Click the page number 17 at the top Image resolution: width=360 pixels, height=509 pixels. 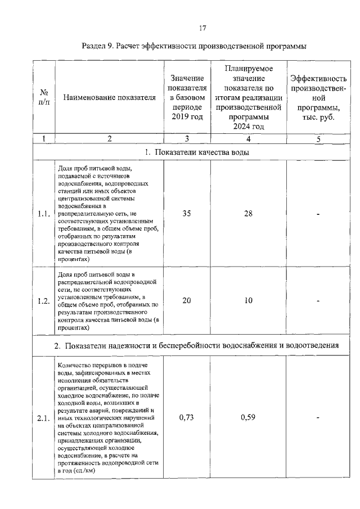pyautogui.click(x=203, y=28)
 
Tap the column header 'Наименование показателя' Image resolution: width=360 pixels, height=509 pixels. pyautogui.click(x=110, y=97)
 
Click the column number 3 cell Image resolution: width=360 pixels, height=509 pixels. pyautogui.click(x=187, y=138)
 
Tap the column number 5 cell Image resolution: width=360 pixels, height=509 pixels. pyautogui.click(x=318, y=138)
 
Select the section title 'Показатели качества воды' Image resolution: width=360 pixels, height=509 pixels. pyautogui.click(x=197, y=152)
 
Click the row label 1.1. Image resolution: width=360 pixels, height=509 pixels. pyautogui.click(x=43, y=214)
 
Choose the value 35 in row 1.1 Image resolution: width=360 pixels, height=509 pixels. pyautogui.click(x=187, y=214)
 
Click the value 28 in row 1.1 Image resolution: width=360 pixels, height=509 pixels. pyautogui.click(x=249, y=214)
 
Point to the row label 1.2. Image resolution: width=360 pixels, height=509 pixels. pyautogui.click(x=43, y=300)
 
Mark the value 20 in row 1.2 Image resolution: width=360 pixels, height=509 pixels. pyautogui.click(x=187, y=300)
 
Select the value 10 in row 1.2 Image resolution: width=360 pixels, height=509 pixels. pyautogui.click(x=249, y=300)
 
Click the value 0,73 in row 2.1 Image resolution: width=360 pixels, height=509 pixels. pyautogui.click(x=187, y=417)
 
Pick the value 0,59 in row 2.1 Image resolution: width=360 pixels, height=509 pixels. pyautogui.click(x=249, y=417)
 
